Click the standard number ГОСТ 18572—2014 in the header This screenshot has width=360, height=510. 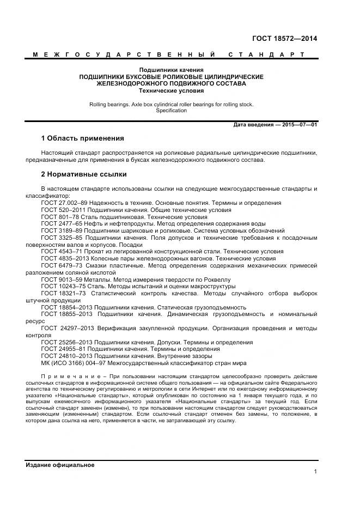pyautogui.click(x=284, y=39)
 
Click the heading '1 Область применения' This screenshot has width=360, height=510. pyautogui.click(x=82, y=138)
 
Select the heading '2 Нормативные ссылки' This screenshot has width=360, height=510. pyautogui.click(x=84, y=174)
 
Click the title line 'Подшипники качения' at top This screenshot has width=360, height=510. pyautogui.click(x=171, y=70)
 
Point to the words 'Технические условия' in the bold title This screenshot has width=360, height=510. pyautogui.click(x=171, y=91)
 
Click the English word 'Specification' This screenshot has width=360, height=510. pyautogui.click(x=171, y=111)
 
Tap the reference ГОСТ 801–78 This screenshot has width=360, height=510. pyautogui.click(x=59, y=217)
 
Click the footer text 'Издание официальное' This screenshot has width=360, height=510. pyautogui.click(x=60, y=465)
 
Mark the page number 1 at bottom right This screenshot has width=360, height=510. pyautogui.click(x=315, y=472)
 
